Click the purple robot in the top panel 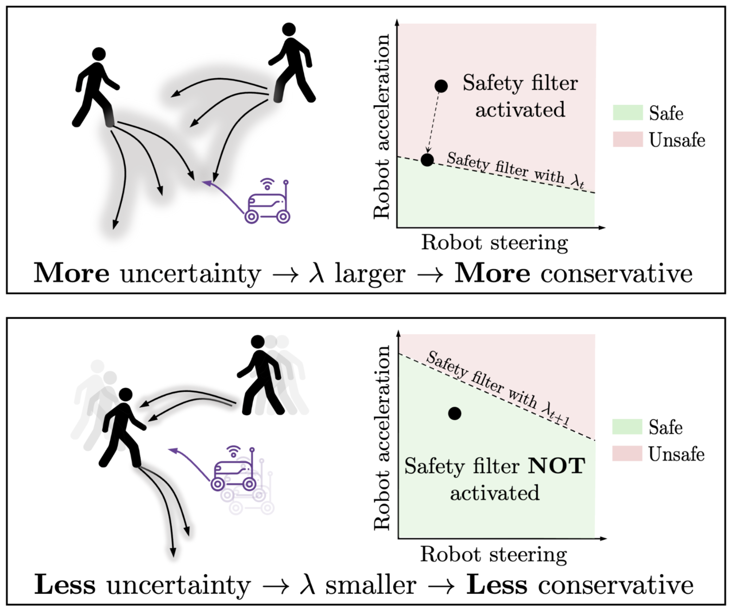[x=267, y=206]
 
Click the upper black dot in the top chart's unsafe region [x=441, y=86]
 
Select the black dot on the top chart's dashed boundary [x=427, y=160]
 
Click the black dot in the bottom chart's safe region [x=455, y=413]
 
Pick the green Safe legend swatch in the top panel [x=628, y=113]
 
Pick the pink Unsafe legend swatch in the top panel [x=628, y=139]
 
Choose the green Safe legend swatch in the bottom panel [x=627, y=426]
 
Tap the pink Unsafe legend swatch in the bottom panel [x=627, y=453]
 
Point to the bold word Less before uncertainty [x=65, y=585]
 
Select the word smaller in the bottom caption [x=371, y=585]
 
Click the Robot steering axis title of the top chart [x=494, y=243]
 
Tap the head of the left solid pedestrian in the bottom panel [x=126, y=394]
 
